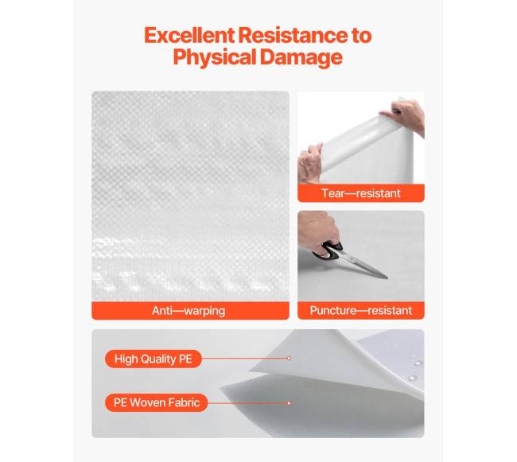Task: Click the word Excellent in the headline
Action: coord(189,35)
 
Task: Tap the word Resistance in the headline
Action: coord(293,35)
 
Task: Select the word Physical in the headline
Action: coord(215,57)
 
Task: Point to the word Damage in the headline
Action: coord(301,57)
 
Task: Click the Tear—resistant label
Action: coord(361,193)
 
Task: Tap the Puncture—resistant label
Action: coord(361,310)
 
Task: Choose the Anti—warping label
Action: coord(189,311)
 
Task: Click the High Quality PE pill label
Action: coord(154,359)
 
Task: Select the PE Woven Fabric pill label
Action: coord(157,402)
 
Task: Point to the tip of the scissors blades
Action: coord(387,278)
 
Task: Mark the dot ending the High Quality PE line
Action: coord(289,358)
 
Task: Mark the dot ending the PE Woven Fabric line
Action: coord(289,403)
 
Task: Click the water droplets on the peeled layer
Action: coord(414,371)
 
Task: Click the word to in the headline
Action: coord(361,36)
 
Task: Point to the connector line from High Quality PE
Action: coord(244,358)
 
